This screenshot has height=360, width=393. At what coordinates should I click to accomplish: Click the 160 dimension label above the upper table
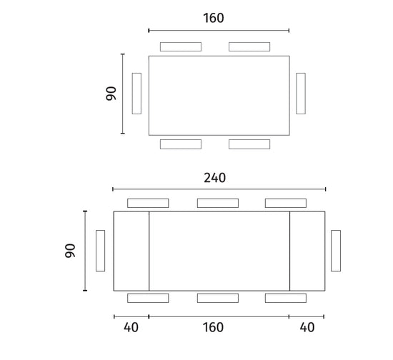214,18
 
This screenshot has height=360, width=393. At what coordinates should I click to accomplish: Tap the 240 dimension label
214,178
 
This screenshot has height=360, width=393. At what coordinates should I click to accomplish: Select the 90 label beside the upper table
111,94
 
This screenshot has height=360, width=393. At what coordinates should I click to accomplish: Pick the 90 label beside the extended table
70,251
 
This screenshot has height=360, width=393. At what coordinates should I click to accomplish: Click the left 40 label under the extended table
131,327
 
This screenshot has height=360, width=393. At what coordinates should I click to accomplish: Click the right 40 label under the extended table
307,327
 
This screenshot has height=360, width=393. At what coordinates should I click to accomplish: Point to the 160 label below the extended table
213,327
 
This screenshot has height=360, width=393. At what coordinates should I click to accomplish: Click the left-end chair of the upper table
136,94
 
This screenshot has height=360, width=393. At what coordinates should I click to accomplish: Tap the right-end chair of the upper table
301,94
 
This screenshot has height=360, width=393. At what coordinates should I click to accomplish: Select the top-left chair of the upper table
181,46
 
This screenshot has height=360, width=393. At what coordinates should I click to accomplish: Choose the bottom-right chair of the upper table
249,144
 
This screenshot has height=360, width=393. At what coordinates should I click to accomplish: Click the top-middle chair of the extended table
218,203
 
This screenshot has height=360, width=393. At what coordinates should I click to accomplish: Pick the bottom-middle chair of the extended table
218,298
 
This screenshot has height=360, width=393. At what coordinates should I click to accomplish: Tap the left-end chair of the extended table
101,251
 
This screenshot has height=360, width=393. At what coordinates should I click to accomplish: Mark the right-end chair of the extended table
336,251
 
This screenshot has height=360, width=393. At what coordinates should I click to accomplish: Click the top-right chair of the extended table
286,203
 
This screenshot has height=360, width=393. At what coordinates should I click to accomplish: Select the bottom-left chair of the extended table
148,298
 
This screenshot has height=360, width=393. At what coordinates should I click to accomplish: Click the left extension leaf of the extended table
131,251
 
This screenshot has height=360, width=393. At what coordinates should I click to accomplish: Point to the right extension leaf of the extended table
307,251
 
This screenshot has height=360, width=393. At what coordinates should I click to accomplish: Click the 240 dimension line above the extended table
219,189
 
